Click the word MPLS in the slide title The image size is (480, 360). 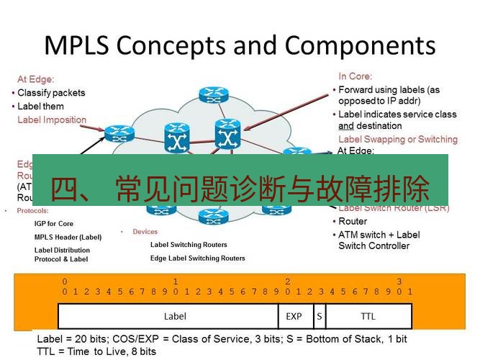76,45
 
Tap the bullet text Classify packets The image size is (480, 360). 51,93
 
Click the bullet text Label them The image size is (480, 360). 40,107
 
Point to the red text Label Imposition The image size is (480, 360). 52,120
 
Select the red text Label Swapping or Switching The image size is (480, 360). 397,139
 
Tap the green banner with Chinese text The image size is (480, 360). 240,189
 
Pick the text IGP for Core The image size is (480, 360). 53,224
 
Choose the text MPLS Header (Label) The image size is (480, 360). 68,237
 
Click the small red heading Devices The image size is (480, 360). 145,232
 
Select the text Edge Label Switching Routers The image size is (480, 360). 197,258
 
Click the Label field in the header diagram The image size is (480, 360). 175,316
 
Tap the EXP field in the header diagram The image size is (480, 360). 294,316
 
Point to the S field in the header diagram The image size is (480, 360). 318,316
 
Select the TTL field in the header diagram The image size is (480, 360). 368,316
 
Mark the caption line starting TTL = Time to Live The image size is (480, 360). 96,351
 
